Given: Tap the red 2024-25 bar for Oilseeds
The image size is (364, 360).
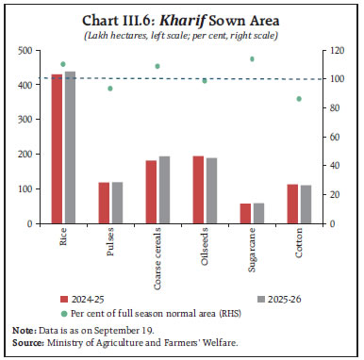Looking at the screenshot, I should [198, 189].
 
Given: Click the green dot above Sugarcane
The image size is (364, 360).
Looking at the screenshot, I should [252, 59].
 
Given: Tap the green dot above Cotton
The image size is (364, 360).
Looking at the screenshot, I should [300, 99].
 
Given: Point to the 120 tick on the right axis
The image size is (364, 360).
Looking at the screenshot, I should [330, 51].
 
